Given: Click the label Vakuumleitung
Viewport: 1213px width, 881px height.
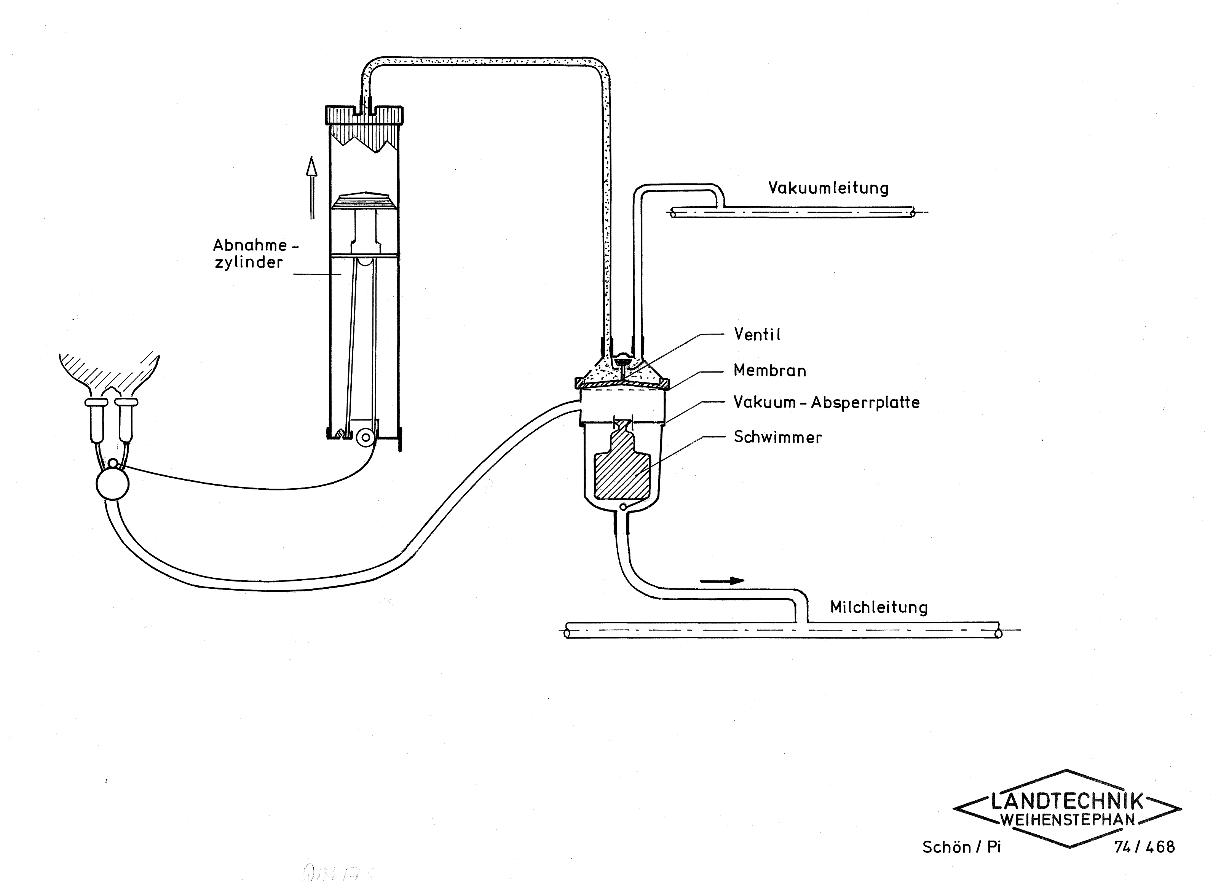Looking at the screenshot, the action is tap(828, 188).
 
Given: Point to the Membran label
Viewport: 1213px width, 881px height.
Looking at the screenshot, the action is tap(769, 370).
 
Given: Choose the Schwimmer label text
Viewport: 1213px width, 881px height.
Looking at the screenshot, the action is tap(778, 437).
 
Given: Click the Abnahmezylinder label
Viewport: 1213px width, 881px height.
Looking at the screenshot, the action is tap(255, 253).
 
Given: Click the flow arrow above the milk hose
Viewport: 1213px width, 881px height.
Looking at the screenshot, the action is tap(722, 581).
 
